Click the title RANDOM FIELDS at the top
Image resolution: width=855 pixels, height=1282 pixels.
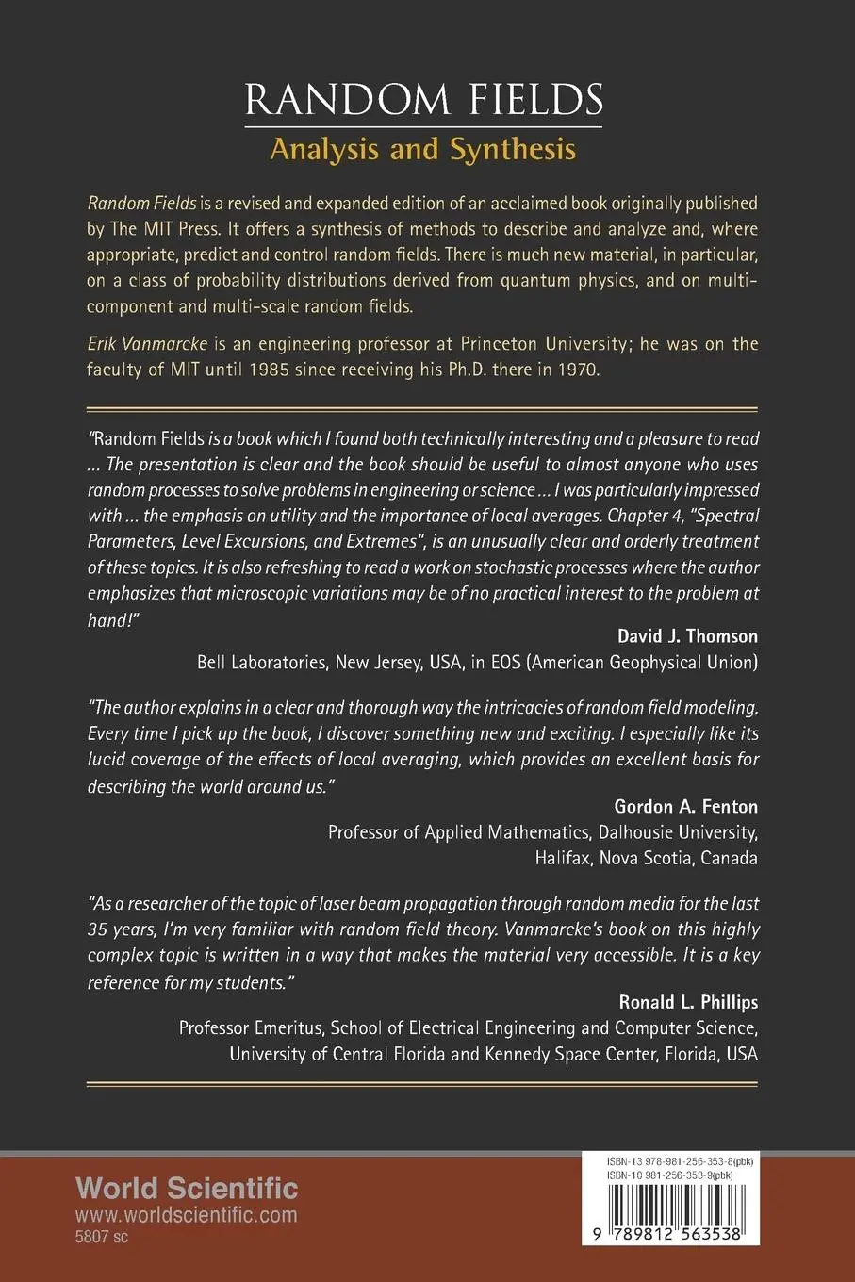point(424,99)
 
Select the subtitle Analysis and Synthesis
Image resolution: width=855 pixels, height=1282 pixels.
point(423,149)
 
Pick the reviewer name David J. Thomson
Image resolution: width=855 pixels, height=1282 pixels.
point(687,636)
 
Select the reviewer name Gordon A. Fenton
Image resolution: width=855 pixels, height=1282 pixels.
point(685,806)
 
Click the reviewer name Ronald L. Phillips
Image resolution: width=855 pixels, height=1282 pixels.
point(688,1001)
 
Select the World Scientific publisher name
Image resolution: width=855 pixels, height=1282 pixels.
point(187,1188)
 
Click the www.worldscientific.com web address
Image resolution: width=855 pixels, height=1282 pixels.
point(187,1215)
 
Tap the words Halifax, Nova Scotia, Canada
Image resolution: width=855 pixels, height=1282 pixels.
point(646,858)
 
